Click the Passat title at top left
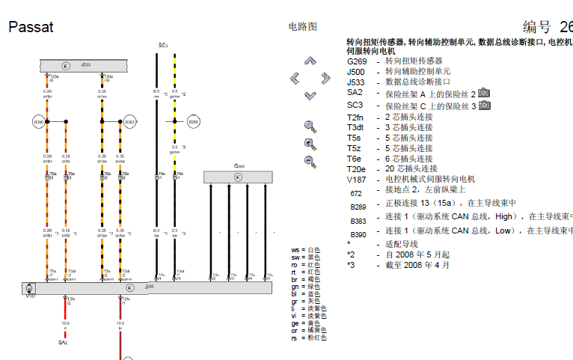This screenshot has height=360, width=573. (x=31, y=28)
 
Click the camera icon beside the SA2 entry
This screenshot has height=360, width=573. (x=484, y=93)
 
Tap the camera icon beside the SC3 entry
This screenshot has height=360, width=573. (x=484, y=106)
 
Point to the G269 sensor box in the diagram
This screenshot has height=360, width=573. (x=238, y=177)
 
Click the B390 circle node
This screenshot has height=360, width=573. (x=40, y=120)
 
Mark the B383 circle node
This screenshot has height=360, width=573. (x=129, y=120)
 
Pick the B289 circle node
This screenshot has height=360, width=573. (x=193, y=120)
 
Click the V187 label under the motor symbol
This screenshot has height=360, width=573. (x=31, y=297)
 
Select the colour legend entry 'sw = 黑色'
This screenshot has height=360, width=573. (x=305, y=257)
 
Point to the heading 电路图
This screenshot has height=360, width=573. (x=303, y=27)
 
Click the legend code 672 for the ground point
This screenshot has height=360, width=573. (x=355, y=193)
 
